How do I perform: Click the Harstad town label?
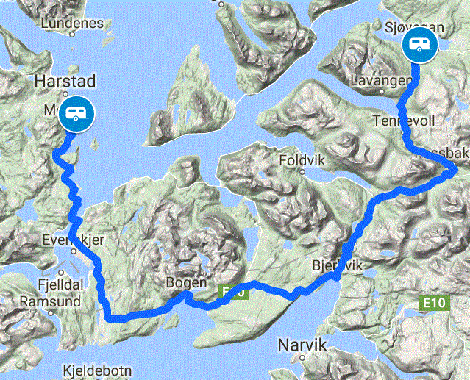[65, 79]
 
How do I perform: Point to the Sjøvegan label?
[415, 26]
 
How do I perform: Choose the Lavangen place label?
[380, 79]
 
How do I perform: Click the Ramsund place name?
[43, 301]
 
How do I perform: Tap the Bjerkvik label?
[338, 265]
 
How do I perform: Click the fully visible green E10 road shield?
[435, 302]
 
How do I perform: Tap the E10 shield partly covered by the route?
[233, 293]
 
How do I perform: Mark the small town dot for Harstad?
[65, 94]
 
